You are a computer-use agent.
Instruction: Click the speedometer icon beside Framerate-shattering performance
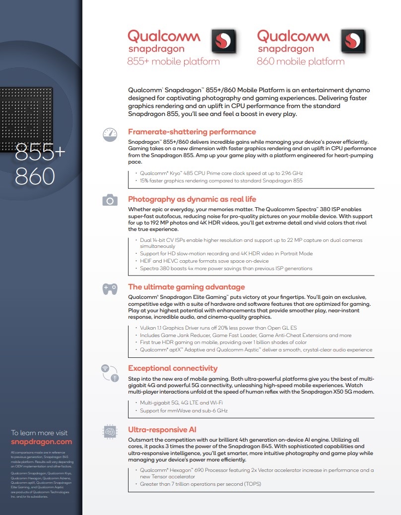pos(110,134)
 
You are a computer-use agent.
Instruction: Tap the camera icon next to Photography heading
pos(110,200)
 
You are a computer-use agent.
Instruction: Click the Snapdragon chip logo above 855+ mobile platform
pos(224,41)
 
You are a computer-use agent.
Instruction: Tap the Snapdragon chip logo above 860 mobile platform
pos(353,41)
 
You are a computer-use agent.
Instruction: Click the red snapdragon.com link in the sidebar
pos(41,442)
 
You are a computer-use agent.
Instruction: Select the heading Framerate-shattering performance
pos(192,132)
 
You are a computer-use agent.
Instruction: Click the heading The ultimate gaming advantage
pos(186,286)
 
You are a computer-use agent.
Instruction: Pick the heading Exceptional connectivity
pos(173,368)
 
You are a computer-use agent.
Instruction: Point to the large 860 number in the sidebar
pos(34,175)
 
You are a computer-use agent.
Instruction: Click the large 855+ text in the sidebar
pos(40,152)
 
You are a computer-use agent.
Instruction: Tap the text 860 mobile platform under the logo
pos(300,62)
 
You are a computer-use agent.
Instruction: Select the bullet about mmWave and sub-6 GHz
pos(184,410)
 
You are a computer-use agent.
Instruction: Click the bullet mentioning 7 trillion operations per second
pos(200,484)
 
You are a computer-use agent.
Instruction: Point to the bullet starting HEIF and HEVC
pos(204,261)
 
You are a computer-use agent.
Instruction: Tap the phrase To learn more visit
pos(39,433)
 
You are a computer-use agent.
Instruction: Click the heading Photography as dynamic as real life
pos(192,199)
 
